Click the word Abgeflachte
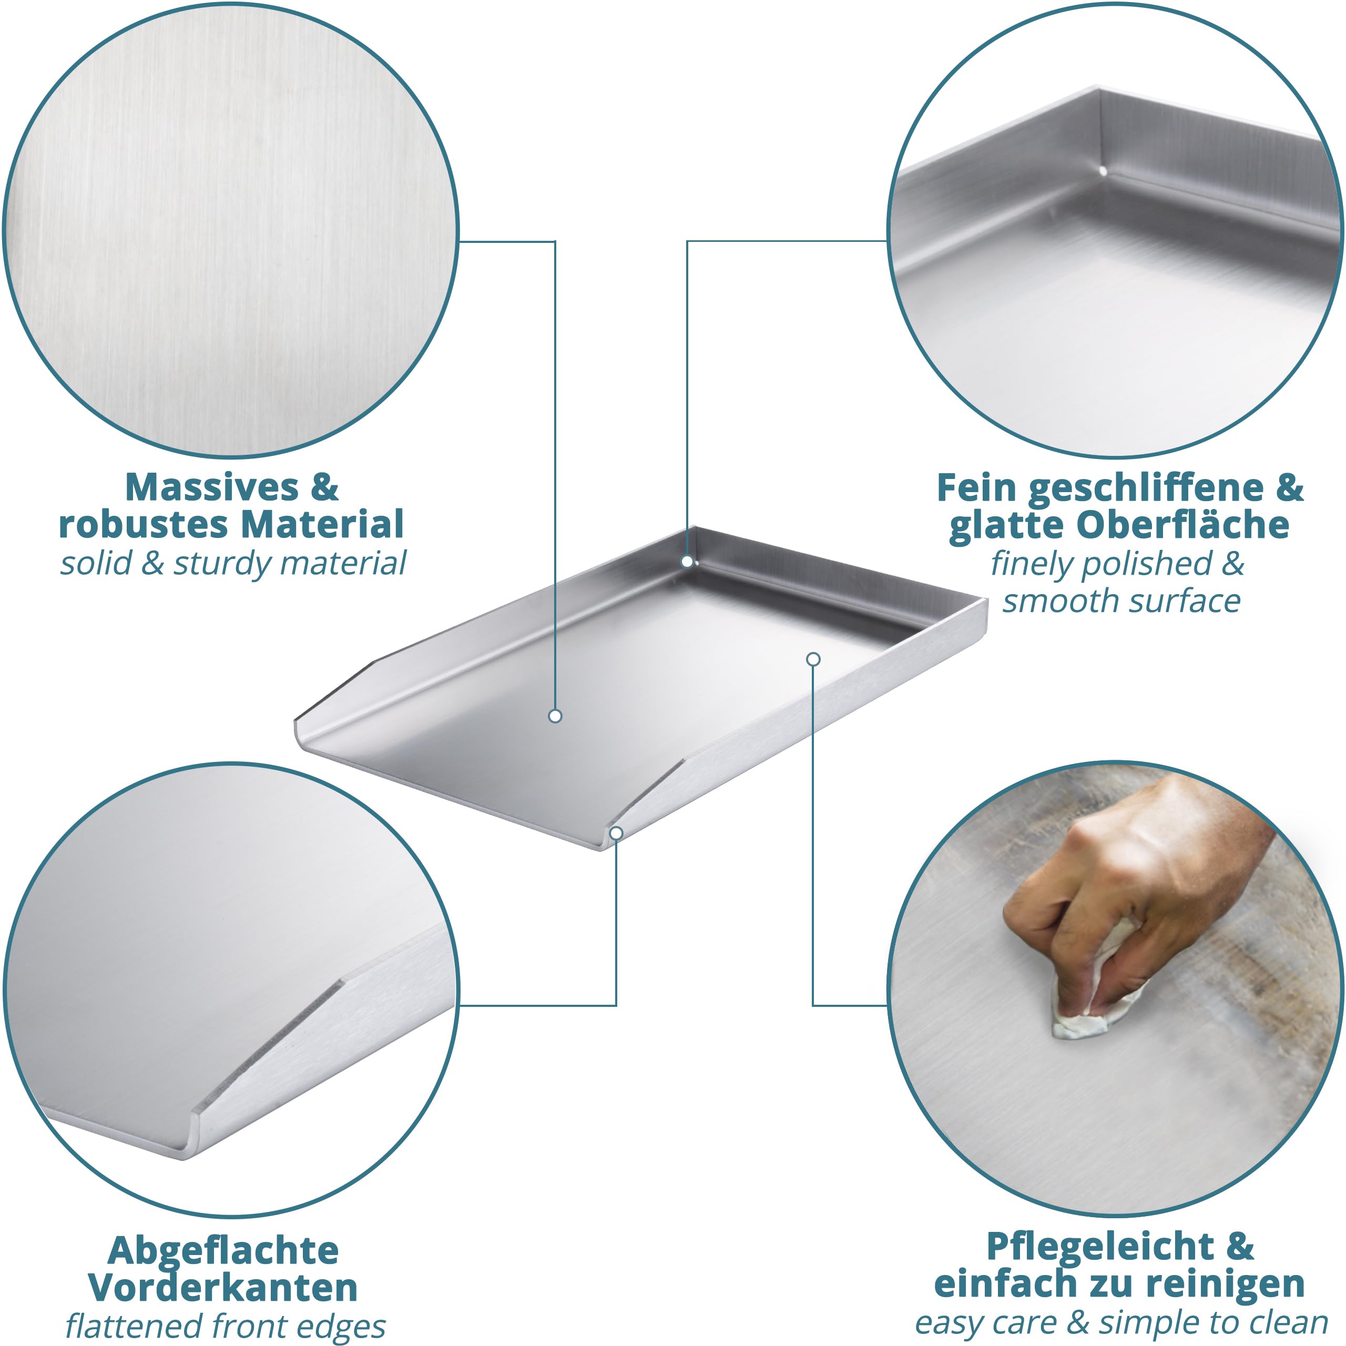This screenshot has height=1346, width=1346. [223, 1250]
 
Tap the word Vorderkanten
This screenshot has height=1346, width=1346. [223, 1288]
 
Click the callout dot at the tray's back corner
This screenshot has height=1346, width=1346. [687, 562]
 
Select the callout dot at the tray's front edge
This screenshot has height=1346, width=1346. [616, 833]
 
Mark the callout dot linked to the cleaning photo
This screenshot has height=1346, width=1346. [813, 659]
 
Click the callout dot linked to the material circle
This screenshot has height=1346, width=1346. [555, 716]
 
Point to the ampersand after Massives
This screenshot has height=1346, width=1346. [324, 488]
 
